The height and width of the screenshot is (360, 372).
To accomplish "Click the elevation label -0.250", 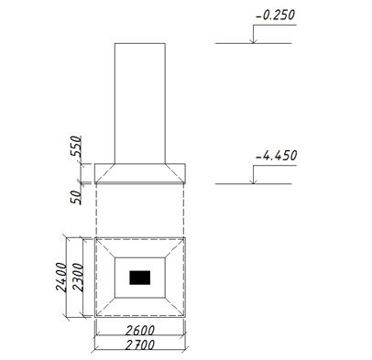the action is (x=276, y=16).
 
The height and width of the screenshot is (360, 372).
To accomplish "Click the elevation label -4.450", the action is (x=276, y=156).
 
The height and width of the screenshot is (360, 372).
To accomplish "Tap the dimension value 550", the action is (x=76, y=147).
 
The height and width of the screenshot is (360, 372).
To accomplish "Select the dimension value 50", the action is (x=76, y=197).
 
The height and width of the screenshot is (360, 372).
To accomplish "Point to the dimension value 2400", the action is (x=60, y=278).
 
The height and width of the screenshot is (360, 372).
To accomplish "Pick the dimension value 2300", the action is (x=78, y=278).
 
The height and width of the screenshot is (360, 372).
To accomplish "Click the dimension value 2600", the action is (x=140, y=331).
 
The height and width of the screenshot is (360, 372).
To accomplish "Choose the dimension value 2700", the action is (x=140, y=345).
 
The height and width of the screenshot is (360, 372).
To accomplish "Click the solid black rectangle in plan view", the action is (x=140, y=278).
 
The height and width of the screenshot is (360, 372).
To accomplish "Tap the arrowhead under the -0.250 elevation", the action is (x=253, y=41).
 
